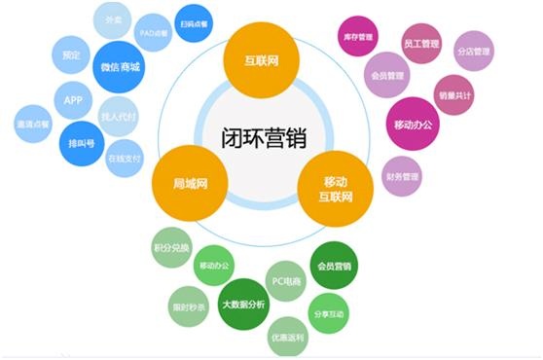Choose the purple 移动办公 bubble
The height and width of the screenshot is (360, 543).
click(x=414, y=126)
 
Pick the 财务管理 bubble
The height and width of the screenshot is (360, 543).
click(x=402, y=177)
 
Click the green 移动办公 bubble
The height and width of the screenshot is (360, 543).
click(x=217, y=264)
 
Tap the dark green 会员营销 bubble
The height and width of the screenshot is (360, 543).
click(x=334, y=264)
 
